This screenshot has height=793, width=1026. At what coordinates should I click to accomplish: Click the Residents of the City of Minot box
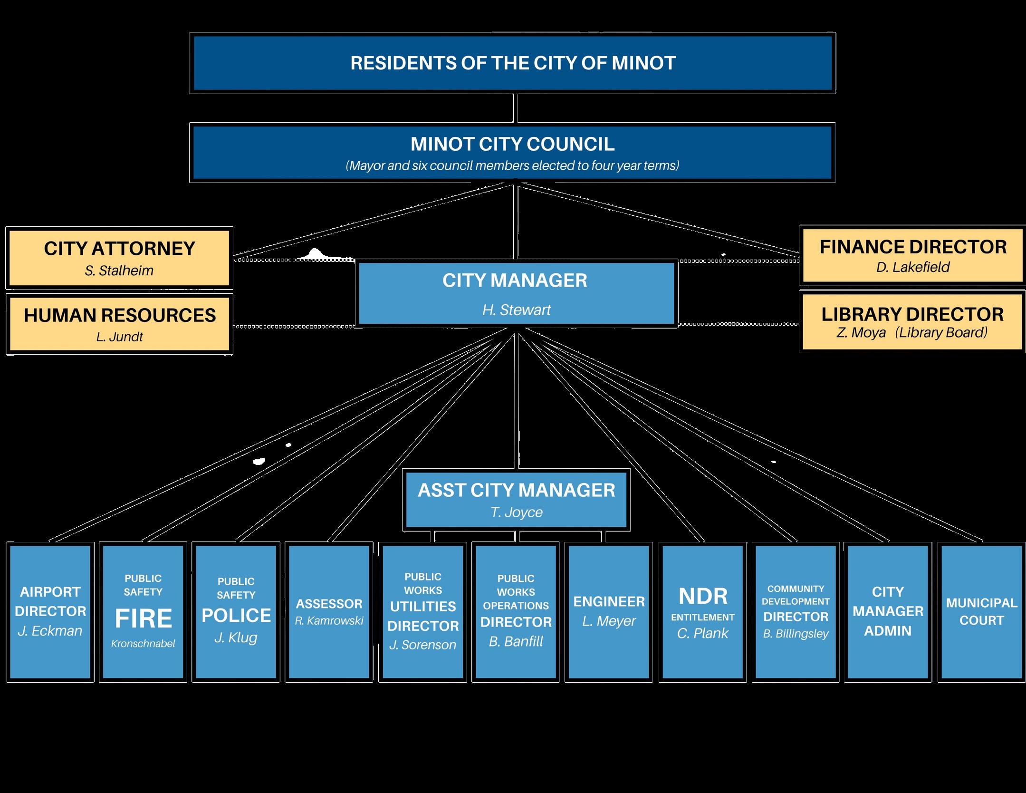[513, 63]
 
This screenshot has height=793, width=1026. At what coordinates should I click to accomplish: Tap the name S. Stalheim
[119, 271]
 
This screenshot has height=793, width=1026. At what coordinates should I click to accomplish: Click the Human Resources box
[119, 324]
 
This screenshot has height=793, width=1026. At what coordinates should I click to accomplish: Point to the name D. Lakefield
[912, 267]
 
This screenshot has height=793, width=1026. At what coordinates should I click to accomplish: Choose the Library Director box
[912, 322]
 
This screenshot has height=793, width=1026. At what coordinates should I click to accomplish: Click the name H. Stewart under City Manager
[516, 310]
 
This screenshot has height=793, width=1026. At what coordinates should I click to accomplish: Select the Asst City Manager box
[516, 499]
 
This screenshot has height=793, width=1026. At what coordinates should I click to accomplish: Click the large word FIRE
[144, 619]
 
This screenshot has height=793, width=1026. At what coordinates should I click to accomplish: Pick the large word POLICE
[236, 616]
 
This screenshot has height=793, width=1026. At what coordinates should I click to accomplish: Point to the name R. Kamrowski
[329, 620]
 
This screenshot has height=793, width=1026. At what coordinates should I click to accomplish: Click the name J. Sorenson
[422, 645]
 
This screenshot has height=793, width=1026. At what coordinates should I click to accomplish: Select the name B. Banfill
[516, 641]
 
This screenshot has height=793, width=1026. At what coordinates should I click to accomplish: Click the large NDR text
[703, 596]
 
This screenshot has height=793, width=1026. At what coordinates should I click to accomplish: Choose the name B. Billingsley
[796, 634]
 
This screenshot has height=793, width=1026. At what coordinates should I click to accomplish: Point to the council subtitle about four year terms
[512, 165]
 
